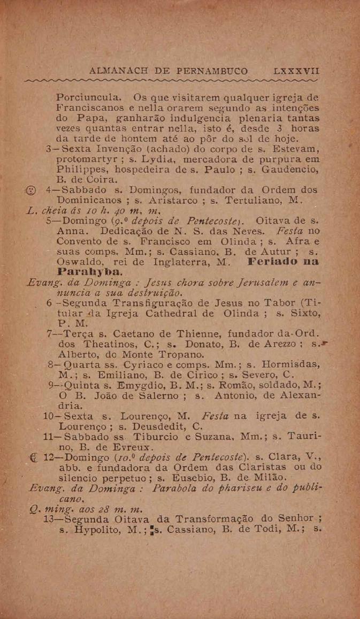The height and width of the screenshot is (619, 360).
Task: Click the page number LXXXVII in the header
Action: click(297, 70)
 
